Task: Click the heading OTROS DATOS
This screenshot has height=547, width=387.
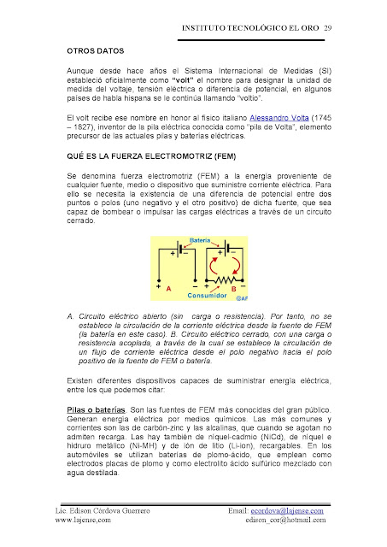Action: [93, 50]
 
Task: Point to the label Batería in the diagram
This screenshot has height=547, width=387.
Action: [202, 241]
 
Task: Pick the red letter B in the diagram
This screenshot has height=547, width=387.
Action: [232, 289]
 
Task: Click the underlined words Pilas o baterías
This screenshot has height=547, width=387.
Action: [96, 409]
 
